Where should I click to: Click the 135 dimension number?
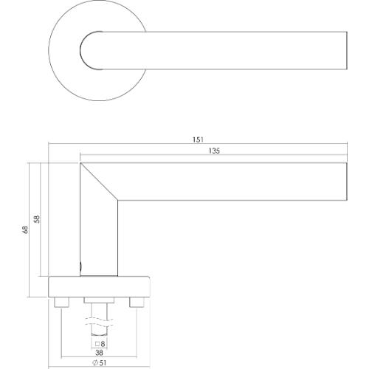(x=215, y=151)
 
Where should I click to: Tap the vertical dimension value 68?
(x=24, y=230)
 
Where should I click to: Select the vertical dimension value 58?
(x=38, y=219)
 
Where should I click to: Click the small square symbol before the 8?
(x=96, y=345)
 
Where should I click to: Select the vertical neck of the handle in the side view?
(x=99, y=236)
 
